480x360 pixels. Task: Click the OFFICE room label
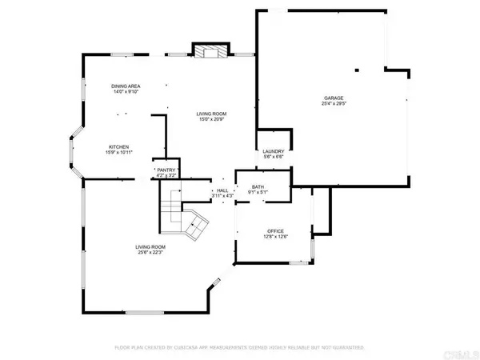[276, 230]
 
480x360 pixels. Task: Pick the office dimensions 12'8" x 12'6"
[276, 236]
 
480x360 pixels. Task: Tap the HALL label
[222, 190]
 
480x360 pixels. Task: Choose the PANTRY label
[166, 170]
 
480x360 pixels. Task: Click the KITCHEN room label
[120, 146]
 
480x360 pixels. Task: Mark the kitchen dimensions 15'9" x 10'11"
[120, 153]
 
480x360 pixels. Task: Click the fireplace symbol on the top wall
[210, 51]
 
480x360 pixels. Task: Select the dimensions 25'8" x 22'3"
[149, 253]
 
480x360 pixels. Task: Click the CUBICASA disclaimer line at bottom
[239, 349]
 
